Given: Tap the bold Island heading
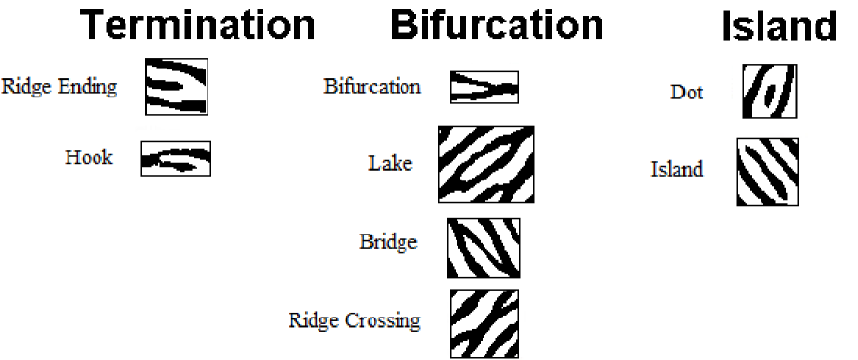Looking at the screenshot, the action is pyautogui.click(x=779, y=27).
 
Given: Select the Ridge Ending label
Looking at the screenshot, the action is pyautogui.click(x=60, y=87).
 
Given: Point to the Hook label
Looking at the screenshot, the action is pyautogui.click(x=89, y=157).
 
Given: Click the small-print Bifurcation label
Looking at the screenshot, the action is pyautogui.click(x=372, y=87).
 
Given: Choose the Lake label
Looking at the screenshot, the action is pyautogui.click(x=390, y=163).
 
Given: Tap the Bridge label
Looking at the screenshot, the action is pyautogui.click(x=387, y=241).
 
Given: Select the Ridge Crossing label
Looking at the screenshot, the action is pyautogui.click(x=354, y=319).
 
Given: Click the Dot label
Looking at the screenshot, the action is pyautogui.click(x=686, y=93).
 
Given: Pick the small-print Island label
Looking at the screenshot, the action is pyautogui.click(x=677, y=170).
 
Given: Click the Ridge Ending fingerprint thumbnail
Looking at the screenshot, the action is pyautogui.click(x=176, y=86).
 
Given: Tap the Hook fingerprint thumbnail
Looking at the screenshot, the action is pyautogui.click(x=176, y=158).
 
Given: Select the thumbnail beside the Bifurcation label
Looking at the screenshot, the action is pyautogui.click(x=484, y=88).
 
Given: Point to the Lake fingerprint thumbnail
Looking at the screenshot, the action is pyautogui.click(x=485, y=164).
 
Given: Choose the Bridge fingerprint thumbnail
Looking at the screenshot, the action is pyautogui.click(x=484, y=248).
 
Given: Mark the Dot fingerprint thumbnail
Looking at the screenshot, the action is pyautogui.click(x=770, y=91).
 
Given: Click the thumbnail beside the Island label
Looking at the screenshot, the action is pyautogui.click(x=768, y=172).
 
